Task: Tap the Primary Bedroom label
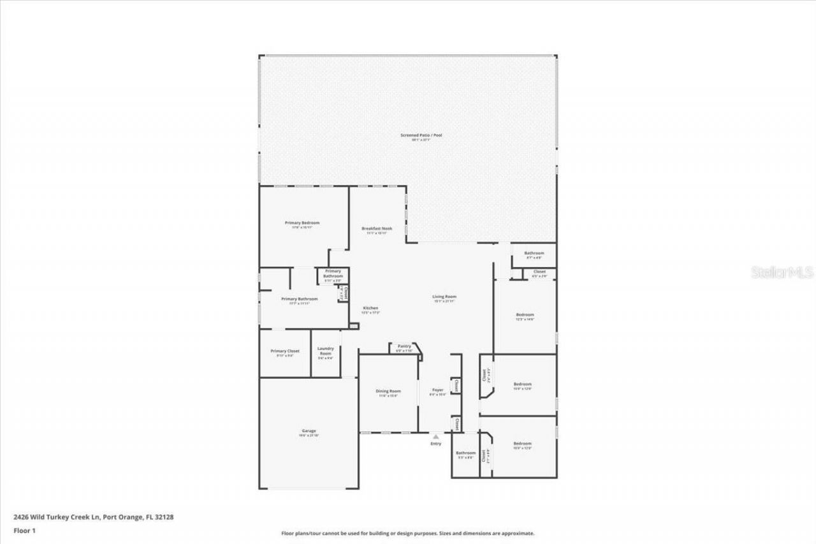[302, 223]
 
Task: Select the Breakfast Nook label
[377, 228]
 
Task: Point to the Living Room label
[444, 297]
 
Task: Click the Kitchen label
[370, 308]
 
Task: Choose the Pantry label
[404, 346]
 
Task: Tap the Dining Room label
[388, 391]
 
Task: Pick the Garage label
[309, 431]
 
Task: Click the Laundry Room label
[326, 350]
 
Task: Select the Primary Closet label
[285, 351]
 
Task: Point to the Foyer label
[437, 390]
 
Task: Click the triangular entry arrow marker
[435, 437]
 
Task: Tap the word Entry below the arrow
[435, 444]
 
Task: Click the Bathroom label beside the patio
[534, 253]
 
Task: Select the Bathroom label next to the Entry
[465, 453]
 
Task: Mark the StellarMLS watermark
[782, 272]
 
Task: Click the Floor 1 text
[24, 531]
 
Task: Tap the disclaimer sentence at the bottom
[408, 533]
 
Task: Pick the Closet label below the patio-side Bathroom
[539, 272]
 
